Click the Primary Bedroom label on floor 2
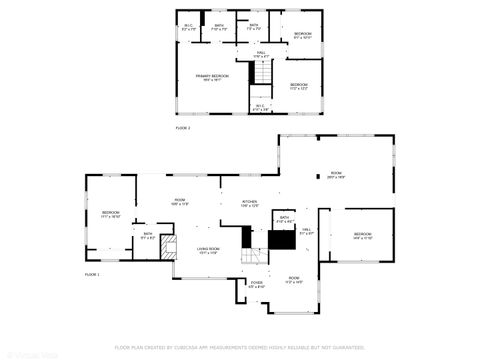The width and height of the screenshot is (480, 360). coord(211,77)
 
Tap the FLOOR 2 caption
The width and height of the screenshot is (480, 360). coord(183,129)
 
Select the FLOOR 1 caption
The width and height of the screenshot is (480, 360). coord(92,272)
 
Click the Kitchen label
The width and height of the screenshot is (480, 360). coord(249,204)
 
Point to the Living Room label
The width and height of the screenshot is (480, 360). coord(208,250)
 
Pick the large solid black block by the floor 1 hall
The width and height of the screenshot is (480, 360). coord(282,240)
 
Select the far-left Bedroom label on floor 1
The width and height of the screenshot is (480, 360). coord(110,214)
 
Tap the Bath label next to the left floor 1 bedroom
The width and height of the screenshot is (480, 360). coord(147,236)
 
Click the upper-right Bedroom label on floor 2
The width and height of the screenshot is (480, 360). coord(302,36)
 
